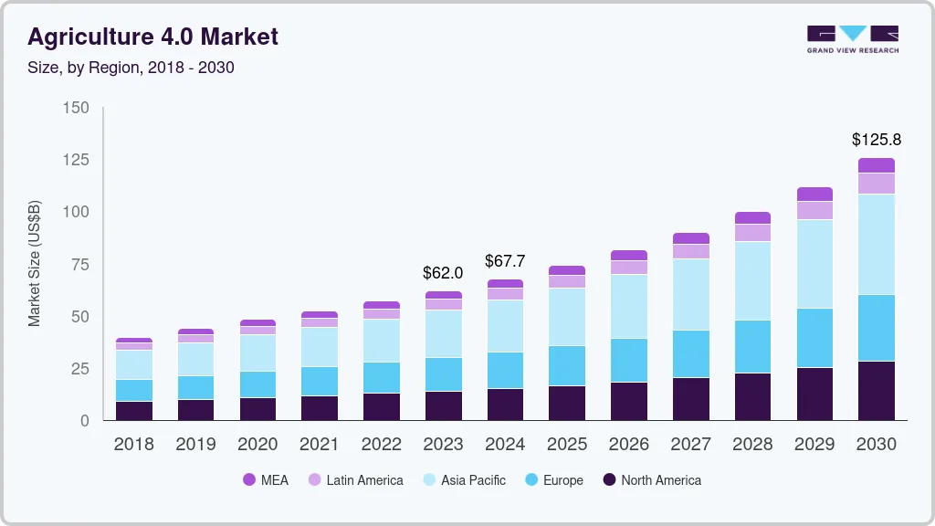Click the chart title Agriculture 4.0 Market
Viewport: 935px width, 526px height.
coord(152,37)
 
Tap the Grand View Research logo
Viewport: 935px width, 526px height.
coord(852,39)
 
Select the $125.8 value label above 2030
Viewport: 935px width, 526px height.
coord(877,140)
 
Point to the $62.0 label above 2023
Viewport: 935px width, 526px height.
coord(443,272)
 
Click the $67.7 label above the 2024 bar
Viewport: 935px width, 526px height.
coord(505,261)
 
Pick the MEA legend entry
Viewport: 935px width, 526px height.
coord(266,480)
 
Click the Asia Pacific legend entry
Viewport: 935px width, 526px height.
coord(463,480)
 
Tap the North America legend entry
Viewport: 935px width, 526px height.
coord(651,480)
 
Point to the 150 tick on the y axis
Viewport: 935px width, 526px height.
coord(77,108)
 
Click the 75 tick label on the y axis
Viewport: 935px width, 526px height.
coord(80,265)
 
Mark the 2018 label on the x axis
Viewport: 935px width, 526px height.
coord(133,445)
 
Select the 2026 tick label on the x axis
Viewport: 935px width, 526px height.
coord(628,445)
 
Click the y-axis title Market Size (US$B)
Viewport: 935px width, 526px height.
coord(35,264)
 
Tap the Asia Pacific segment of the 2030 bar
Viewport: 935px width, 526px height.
coord(877,244)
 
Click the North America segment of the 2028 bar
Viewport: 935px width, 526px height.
coord(752,396)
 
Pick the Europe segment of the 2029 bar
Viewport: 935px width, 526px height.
coord(814,338)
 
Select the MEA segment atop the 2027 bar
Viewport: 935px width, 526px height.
coord(690,238)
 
